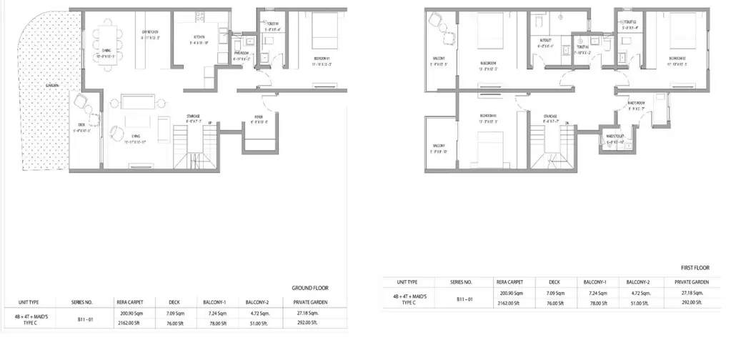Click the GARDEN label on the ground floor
tap(51, 85)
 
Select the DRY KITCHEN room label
tap(150, 32)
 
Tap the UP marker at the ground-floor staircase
tap(210, 124)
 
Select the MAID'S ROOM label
tap(636, 104)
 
